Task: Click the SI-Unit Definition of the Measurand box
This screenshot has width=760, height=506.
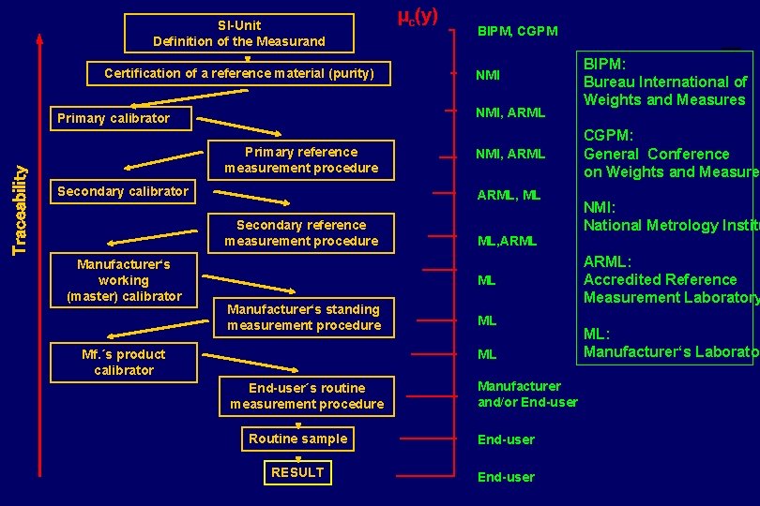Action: point(239,33)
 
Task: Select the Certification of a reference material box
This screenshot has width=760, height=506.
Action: point(238,73)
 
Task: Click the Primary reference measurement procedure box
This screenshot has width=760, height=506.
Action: point(300,160)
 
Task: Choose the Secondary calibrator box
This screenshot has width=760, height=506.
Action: point(123,191)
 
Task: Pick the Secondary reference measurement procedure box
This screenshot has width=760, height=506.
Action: point(300,233)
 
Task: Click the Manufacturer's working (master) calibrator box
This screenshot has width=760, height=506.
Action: point(124,280)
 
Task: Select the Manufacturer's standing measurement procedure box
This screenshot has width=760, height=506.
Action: point(304,318)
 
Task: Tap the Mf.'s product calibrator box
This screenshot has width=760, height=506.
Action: point(124,363)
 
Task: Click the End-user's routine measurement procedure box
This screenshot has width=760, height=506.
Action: point(307,396)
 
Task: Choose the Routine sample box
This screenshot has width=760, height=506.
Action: point(297,439)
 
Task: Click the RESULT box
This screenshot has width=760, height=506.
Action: point(297,472)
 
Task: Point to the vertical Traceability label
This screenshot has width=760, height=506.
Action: point(20,208)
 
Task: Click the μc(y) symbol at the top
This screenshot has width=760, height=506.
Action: point(418,16)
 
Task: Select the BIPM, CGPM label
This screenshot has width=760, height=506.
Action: point(517,31)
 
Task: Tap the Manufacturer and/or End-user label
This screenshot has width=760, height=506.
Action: point(527,394)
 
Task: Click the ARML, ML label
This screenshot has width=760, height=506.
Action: point(509,196)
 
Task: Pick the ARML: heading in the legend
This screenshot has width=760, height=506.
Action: point(608,261)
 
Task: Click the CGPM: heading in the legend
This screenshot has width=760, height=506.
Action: point(609,136)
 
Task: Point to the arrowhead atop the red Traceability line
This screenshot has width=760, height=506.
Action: point(39,39)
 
